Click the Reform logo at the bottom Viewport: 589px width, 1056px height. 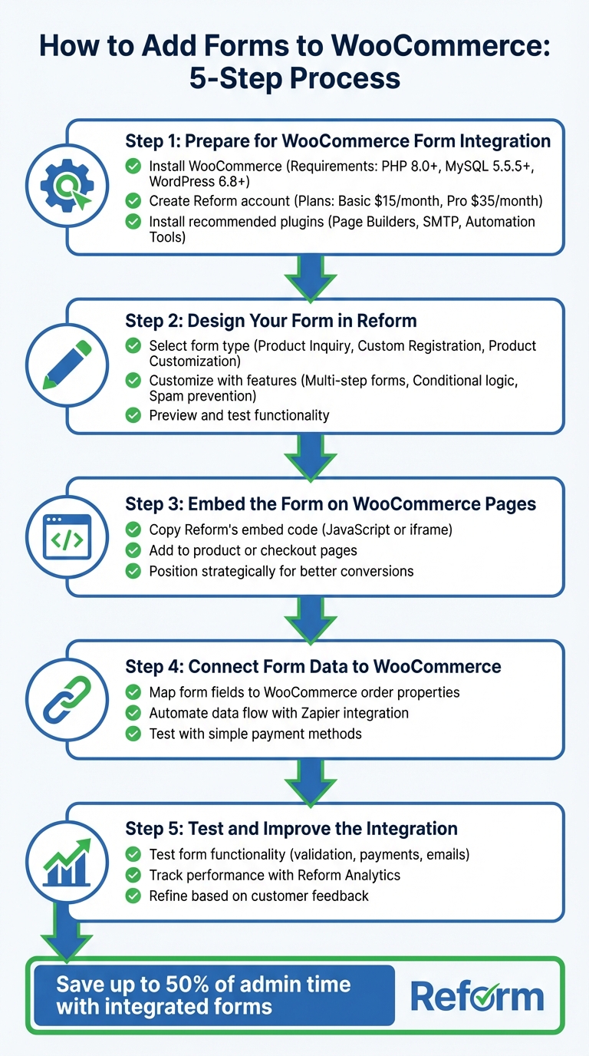[477, 997]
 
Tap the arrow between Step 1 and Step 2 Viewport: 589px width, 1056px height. [311, 277]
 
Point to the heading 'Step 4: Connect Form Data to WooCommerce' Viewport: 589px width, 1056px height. [313, 666]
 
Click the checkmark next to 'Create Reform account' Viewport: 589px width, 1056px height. [133, 201]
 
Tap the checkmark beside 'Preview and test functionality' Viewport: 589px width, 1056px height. [133, 415]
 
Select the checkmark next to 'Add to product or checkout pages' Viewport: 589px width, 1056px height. [133, 550]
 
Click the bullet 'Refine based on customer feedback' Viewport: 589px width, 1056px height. [258, 896]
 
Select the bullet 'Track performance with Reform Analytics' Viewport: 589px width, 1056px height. [275, 875]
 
